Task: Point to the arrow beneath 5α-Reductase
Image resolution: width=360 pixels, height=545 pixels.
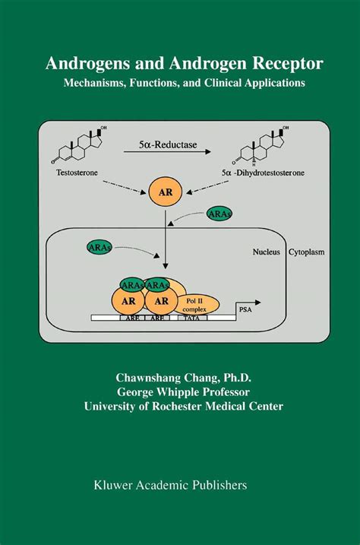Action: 178,152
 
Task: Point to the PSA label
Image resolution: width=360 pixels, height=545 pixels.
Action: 245,310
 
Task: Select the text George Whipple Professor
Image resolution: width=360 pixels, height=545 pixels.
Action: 180,391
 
